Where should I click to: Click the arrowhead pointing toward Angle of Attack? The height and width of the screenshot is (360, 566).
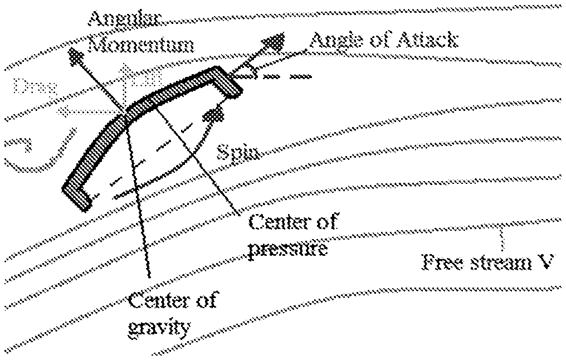(276, 41)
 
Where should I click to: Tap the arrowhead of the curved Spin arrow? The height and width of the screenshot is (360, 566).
(214, 115)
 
